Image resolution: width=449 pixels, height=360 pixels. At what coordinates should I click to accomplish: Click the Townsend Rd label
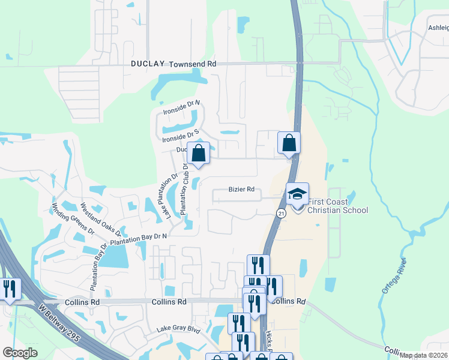click(x=192, y=64)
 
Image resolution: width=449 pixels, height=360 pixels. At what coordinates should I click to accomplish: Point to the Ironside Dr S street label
click(x=181, y=136)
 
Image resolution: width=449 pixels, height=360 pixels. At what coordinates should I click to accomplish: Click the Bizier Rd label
click(x=241, y=190)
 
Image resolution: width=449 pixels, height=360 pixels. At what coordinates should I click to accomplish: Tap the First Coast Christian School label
click(x=337, y=206)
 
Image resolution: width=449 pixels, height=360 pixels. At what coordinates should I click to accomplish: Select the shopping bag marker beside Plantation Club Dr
click(x=199, y=153)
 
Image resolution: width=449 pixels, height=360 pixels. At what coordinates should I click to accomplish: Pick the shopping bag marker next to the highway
click(x=289, y=143)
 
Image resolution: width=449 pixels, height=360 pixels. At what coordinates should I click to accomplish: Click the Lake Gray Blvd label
click(x=178, y=329)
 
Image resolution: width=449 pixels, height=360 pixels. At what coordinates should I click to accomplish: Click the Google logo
click(x=20, y=353)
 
